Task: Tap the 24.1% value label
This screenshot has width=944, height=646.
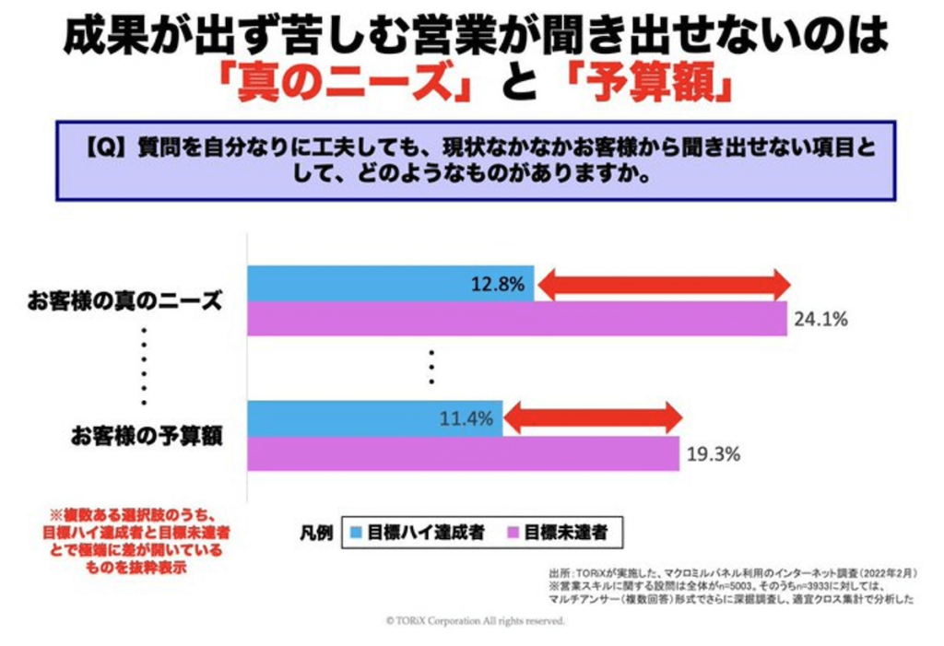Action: pos(818,320)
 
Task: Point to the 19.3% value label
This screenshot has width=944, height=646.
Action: pos(711,453)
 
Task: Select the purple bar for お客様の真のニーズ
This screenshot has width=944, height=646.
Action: pos(516,319)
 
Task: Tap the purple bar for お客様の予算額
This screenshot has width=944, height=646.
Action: pos(461,453)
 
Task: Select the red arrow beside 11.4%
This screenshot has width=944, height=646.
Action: pos(593,420)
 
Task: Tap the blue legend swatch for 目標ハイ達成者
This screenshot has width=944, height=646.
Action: pos(357,532)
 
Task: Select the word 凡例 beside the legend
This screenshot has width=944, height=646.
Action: pos(315,532)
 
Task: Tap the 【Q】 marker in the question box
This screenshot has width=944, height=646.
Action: pos(104,147)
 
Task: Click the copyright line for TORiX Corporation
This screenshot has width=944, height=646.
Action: pos(474,621)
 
